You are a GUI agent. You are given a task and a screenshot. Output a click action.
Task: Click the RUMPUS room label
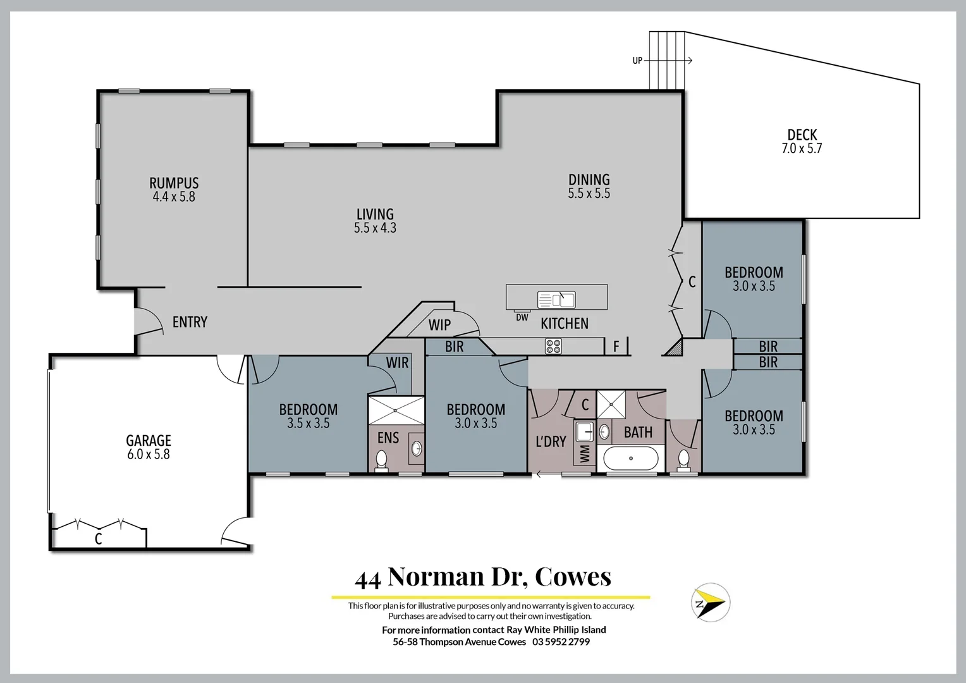coord(174,183)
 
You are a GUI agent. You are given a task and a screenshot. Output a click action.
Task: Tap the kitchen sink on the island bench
coord(556,299)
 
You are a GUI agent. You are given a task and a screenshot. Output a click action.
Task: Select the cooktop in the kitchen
coord(553,346)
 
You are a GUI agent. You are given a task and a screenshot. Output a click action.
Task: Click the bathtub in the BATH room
coord(630,458)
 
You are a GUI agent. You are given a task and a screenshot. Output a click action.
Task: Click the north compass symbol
coord(710,601)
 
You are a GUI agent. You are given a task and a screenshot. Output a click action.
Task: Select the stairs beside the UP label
coord(667,61)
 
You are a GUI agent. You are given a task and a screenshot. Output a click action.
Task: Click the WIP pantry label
coord(439,325)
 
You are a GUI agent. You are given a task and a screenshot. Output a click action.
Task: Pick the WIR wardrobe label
coord(397,363)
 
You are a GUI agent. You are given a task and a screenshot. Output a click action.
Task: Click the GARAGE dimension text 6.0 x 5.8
coord(149,454)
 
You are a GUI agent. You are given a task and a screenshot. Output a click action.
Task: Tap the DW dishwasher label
coord(522,317)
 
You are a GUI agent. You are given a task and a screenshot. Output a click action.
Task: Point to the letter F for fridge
coord(616,347)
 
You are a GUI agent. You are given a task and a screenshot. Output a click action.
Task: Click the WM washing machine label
coord(585,453)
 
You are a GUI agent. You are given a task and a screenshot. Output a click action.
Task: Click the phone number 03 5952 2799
coord(561,642)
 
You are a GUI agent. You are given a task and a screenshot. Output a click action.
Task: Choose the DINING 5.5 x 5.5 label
coord(589,187)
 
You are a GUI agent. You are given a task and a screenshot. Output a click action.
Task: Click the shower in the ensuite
coord(396,410)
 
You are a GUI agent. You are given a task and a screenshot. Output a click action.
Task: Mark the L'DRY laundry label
coord(551,441)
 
